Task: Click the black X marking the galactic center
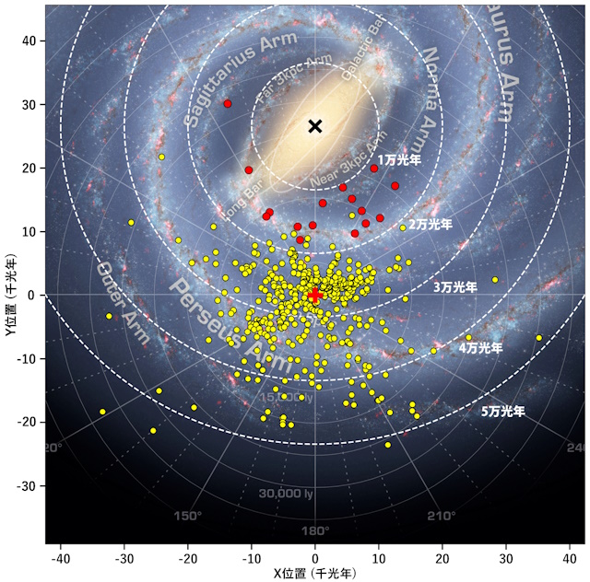tap(315, 126)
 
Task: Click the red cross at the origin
tap(315, 295)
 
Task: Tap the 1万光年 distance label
tap(400, 159)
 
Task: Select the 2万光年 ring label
tap(430, 224)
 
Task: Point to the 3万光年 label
tap(455, 287)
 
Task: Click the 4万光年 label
tap(480, 348)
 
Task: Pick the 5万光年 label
tap(502, 412)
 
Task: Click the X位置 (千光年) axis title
tap(315, 573)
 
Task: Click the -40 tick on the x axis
tap(61, 558)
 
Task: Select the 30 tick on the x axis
tap(506, 558)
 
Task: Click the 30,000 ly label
tap(286, 494)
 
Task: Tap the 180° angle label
tap(315, 530)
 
